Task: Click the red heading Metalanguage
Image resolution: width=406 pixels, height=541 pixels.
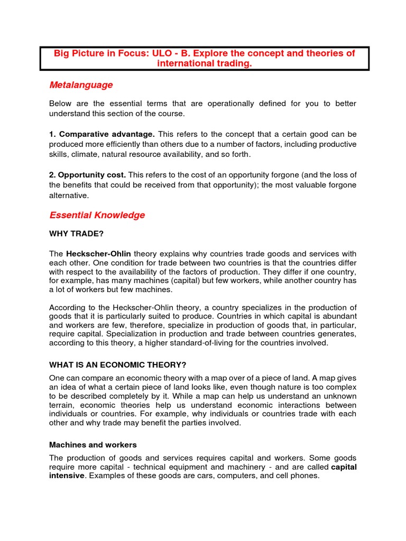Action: [81, 85]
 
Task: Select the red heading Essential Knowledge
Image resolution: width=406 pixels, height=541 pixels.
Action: [97, 215]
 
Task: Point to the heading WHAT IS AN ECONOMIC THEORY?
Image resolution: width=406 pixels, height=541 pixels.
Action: [117, 365]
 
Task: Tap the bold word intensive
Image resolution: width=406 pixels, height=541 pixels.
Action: [66, 475]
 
